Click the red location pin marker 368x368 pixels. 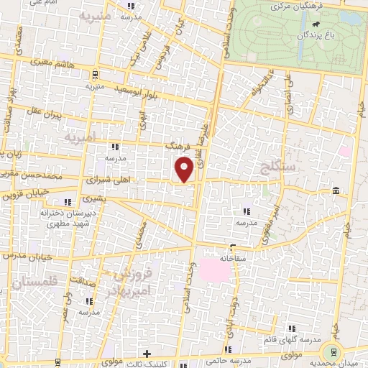(x=185, y=170)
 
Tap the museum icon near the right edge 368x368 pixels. (x=336, y=190)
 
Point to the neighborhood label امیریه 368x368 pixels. (x=79, y=137)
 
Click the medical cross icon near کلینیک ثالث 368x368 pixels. (x=147, y=354)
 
